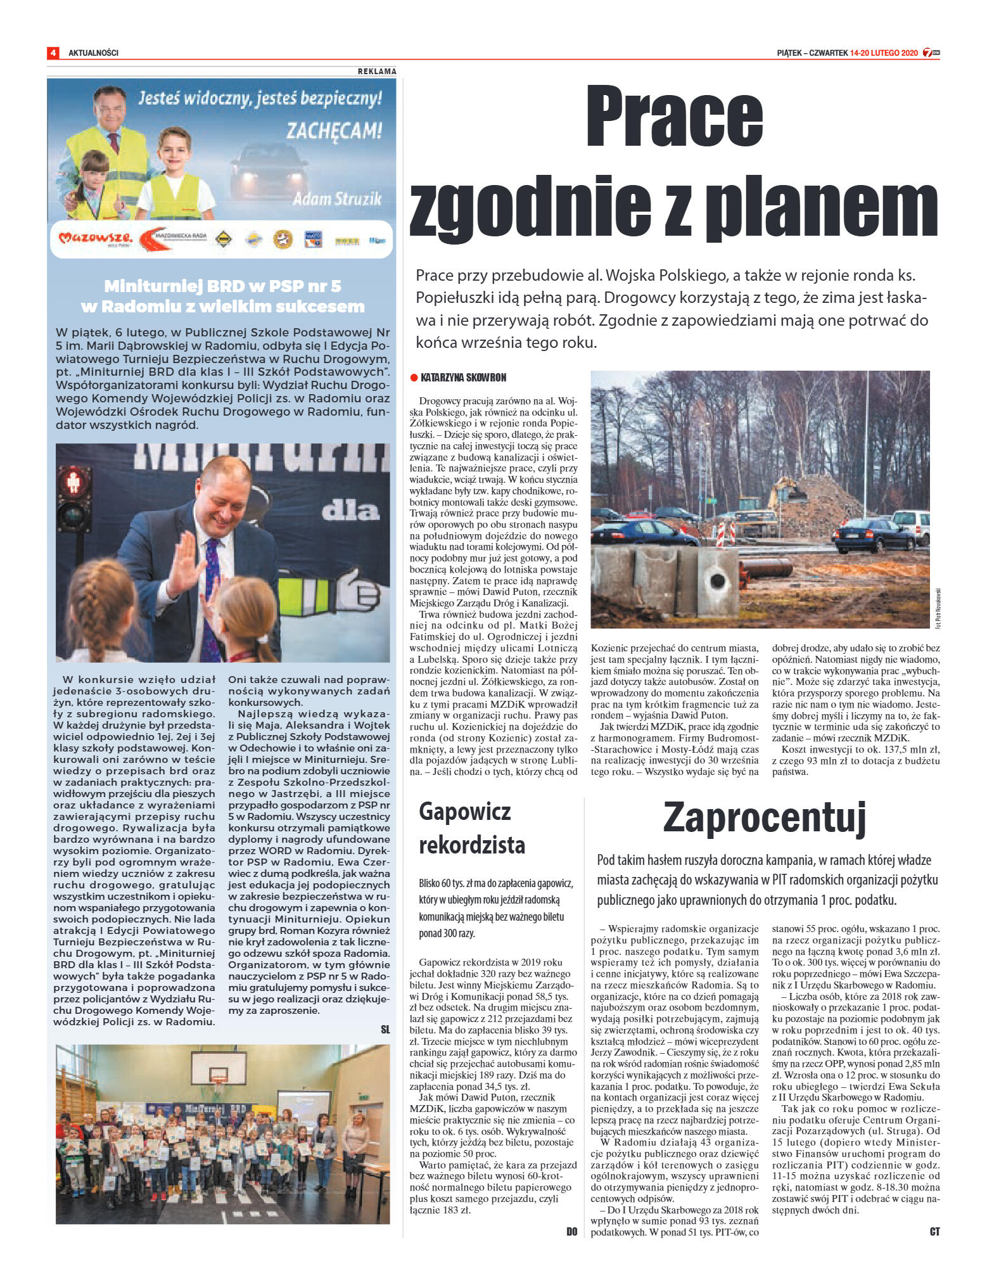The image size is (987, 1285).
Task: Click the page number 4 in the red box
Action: (53, 53)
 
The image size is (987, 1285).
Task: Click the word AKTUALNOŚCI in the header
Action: (93, 53)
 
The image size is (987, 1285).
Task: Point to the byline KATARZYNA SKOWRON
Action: (463, 378)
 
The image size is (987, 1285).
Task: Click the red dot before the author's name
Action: (414, 378)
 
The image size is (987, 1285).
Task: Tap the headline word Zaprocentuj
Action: (764, 817)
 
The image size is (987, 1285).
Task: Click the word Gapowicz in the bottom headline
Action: (464, 812)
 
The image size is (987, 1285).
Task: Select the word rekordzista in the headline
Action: (472, 845)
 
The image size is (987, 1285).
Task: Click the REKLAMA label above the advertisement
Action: (377, 72)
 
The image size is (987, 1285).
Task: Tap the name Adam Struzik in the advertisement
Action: (337, 199)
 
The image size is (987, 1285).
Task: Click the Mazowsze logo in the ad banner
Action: (95, 238)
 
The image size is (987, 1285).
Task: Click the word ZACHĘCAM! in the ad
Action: (334, 131)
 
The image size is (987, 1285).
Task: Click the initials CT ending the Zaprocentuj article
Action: (934, 1231)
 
